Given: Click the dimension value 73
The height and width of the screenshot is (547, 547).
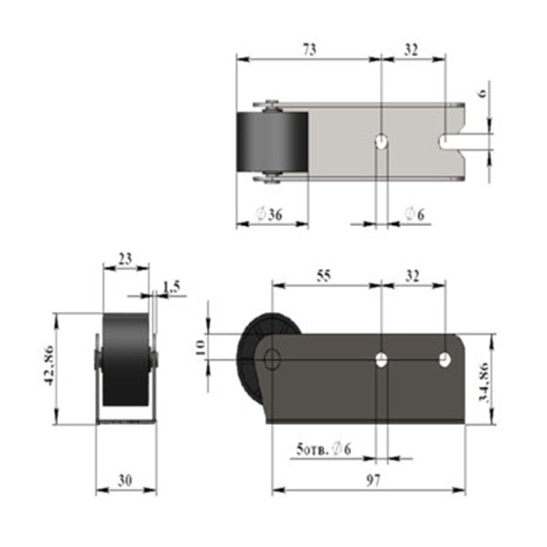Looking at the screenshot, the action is (309, 49).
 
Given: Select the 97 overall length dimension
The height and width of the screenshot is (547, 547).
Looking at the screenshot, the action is (373, 480).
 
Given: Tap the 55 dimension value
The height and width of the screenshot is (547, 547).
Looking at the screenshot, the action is (324, 276).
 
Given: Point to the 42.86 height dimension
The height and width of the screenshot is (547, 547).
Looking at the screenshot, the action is (49, 366).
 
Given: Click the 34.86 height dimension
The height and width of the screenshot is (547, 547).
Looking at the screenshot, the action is (485, 382).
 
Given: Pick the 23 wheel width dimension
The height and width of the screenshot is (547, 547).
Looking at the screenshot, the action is (125, 259).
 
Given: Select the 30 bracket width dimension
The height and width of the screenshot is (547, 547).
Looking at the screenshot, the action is (125, 480).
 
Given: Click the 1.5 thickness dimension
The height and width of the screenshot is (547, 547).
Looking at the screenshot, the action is (171, 287).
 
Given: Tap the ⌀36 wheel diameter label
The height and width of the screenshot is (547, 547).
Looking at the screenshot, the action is (269, 214).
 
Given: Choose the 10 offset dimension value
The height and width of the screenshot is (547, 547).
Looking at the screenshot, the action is (201, 348).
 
